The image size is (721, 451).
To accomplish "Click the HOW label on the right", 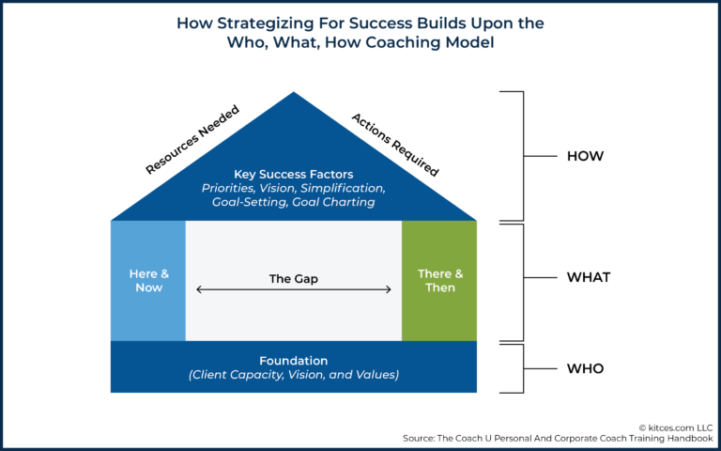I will pos(585,156).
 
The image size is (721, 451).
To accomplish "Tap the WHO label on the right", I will pos(586,368).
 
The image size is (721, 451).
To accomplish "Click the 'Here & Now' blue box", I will pos(148,281).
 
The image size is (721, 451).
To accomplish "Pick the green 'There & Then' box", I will pos(439,281).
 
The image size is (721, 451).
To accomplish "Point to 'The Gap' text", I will pos(293,278).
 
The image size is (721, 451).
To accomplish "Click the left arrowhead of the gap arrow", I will pos(198,290).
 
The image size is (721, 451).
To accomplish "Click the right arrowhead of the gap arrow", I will pos(389,290).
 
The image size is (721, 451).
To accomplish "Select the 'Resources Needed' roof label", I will pos(192,140).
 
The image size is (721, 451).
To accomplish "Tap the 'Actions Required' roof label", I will pos(395,144).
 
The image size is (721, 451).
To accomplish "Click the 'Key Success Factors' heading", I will pos(293,174).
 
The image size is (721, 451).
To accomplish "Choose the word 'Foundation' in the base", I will pos(293,360).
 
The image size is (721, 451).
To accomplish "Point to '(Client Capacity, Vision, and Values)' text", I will pos(293,375).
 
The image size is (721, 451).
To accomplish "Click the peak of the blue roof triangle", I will pos(294,94).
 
